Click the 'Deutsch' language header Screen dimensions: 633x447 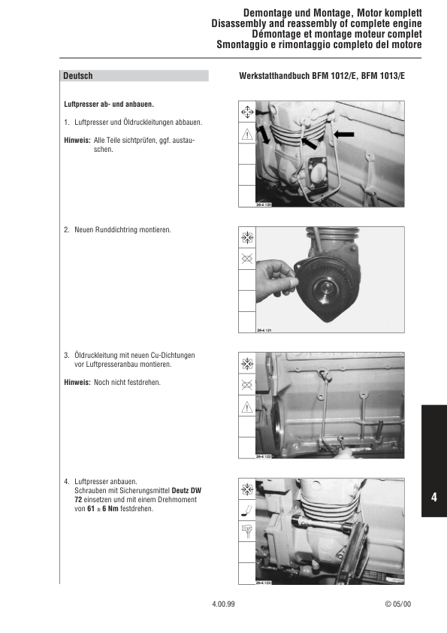coord(78,76)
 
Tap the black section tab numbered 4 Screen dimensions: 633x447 coord(433,497)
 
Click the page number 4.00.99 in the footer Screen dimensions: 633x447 coord(223,604)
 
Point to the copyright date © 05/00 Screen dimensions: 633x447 coord(398,604)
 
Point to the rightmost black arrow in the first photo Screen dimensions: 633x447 coord(344,134)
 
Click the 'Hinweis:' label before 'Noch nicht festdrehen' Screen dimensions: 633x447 coord(77,383)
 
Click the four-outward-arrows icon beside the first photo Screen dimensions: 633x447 coord(246,112)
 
